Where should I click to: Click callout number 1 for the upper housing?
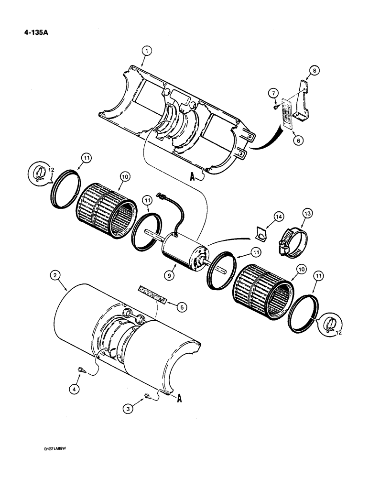coord(147,50)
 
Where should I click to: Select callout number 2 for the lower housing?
coord(56,275)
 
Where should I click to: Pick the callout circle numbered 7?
coord(314,70)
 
